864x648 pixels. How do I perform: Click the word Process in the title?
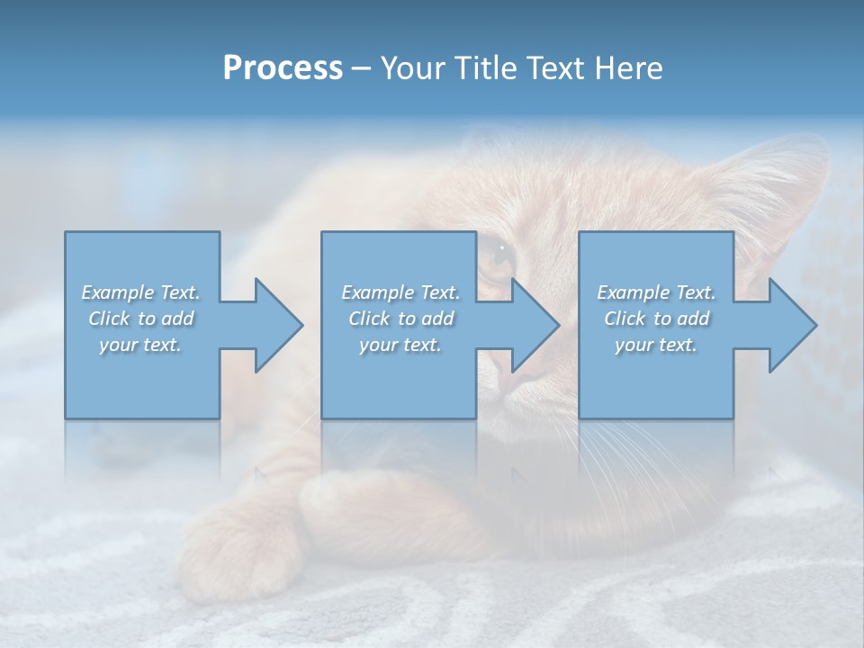pos(283,68)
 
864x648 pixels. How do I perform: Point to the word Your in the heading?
pos(415,68)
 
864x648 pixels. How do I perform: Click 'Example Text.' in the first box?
pos(141,292)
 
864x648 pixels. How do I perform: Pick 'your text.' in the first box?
pos(141,345)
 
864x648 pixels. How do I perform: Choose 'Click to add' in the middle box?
pos(400,319)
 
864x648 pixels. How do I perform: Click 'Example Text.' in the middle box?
pos(400,292)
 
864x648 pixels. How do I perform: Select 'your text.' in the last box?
pos(656,345)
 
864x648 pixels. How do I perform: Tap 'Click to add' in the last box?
pos(656,319)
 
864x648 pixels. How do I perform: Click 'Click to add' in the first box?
pos(141,319)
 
